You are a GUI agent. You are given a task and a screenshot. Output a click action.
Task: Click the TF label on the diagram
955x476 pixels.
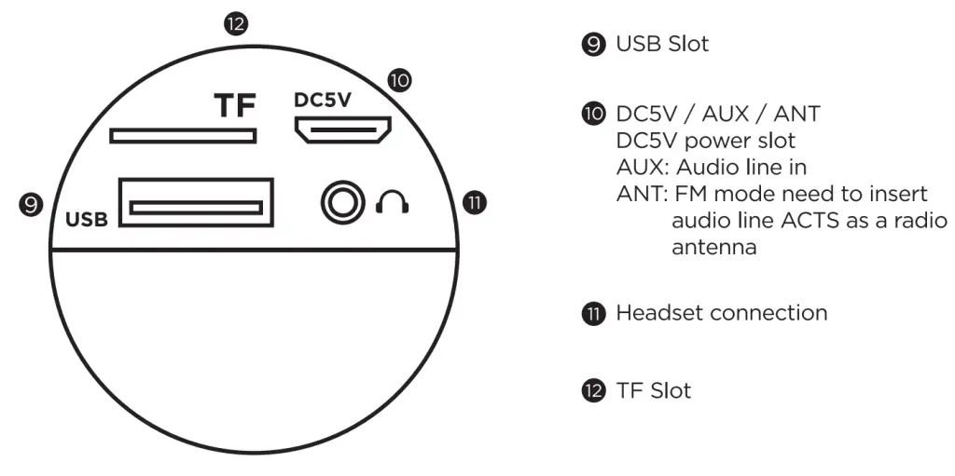click(x=234, y=106)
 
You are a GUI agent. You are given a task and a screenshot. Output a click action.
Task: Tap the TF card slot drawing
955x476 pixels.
click(x=182, y=136)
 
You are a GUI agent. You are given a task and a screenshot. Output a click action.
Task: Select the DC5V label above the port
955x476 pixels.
click(x=322, y=100)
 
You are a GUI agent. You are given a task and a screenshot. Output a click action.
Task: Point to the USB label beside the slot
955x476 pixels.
click(x=87, y=221)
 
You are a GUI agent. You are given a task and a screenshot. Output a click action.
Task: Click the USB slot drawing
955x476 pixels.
click(x=196, y=202)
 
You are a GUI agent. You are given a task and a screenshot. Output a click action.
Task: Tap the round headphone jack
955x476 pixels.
click(x=341, y=201)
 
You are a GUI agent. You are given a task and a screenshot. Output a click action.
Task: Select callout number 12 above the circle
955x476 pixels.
click(x=236, y=23)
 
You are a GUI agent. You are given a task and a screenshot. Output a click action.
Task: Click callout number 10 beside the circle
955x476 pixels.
click(x=399, y=80)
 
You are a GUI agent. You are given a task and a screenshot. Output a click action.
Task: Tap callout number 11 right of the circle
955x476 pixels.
click(x=476, y=202)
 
